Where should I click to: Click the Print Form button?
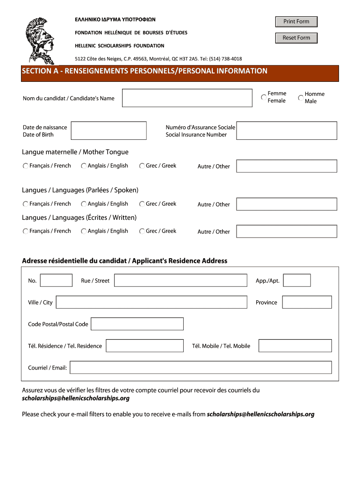tap(296, 22)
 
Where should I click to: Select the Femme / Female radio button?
tap(264, 97)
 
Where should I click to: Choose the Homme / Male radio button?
tap(301, 98)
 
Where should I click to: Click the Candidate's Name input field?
tap(187, 98)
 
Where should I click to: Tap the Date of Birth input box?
tap(108, 131)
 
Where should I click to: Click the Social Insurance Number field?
tap(287, 131)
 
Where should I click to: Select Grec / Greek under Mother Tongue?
tap(142, 166)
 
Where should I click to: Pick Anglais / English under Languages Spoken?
tap(84, 204)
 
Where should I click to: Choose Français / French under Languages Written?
tap(25, 231)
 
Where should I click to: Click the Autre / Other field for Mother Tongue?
tap(287, 166)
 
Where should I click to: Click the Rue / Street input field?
tap(180, 281)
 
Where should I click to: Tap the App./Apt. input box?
tap(297, 281)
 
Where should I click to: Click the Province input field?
tap(307, 302)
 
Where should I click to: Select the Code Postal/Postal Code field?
tap(137, 324)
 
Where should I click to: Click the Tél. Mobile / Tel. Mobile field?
tap(295, 346)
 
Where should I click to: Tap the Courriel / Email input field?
tap(201, 368)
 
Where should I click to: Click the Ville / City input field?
tap(151, 302)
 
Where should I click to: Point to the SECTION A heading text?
tap(145, 71)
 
